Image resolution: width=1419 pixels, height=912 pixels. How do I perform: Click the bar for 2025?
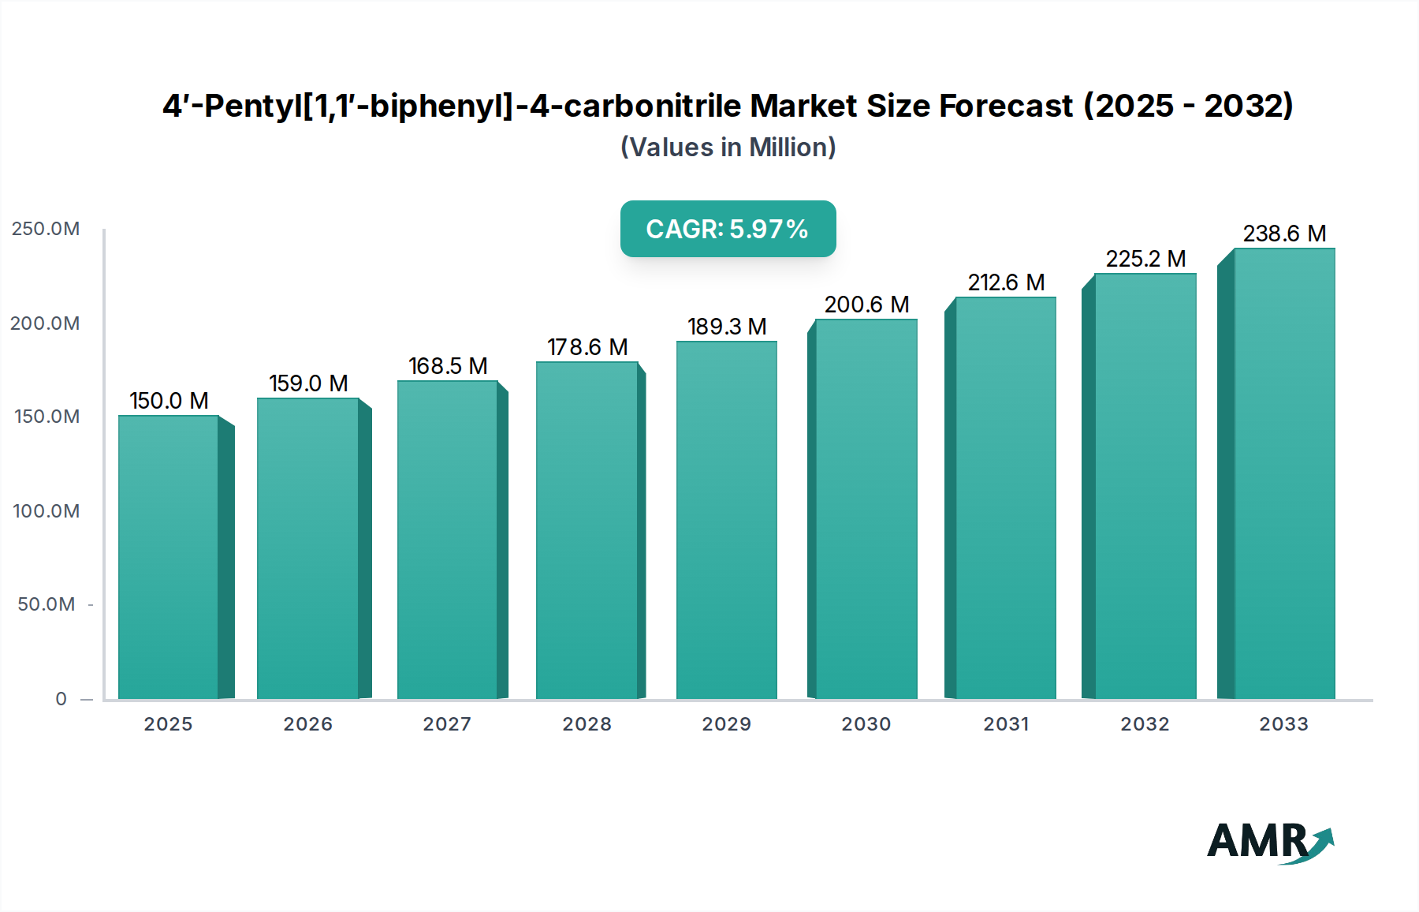(168, 556)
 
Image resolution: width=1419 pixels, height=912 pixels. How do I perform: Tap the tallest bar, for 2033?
(1283, 473)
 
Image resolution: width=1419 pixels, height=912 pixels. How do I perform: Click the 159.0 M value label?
(308, 383)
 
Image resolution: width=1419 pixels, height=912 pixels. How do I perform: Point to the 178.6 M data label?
(587, 347)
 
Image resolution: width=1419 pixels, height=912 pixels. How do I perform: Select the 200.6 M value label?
(866, 305)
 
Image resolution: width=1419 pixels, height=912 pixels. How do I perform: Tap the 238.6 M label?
(1284, 234)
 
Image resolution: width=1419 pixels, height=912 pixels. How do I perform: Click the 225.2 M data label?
(1145, 259)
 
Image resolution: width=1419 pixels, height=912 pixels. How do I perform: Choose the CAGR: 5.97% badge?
(728, 229)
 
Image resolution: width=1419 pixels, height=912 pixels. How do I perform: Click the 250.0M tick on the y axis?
(46, 229)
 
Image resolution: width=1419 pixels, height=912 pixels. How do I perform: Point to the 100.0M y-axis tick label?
(46, 511)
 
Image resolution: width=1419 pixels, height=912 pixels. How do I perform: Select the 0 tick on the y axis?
(61, 699)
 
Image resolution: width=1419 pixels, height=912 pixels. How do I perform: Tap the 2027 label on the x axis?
(447, 724)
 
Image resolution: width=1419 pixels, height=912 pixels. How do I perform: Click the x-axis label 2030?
(866, 724)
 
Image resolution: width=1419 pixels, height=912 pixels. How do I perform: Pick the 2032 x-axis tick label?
(1145, 724)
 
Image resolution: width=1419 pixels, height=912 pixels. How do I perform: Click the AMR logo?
(1269, 842)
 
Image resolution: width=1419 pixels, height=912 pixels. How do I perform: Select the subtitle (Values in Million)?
(728, 148)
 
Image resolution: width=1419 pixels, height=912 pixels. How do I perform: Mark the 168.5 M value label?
(448, 366)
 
